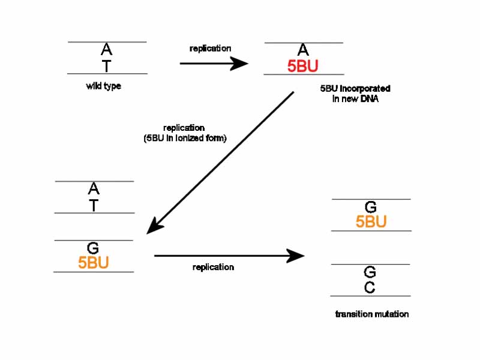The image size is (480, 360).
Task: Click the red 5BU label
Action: coord(303,67)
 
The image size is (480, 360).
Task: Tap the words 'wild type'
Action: coord(103,86)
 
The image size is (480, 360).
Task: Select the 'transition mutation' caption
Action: coord(371,314)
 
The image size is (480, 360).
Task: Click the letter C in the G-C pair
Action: coord(370,288)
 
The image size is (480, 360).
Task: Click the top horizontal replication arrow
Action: coord(214,64)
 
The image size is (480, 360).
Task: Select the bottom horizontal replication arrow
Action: coord(229,256)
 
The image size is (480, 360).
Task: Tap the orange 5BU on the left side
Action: coord(94,263)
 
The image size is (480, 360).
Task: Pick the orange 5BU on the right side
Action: coord(371,222)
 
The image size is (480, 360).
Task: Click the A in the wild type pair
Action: coord(106,49)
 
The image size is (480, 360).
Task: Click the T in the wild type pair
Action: coord(106,66)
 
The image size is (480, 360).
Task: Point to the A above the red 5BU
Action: coord(303,50)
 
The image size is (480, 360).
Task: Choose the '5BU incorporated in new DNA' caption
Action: coord(355,94)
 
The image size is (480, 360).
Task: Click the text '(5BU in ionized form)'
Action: coord(184,138)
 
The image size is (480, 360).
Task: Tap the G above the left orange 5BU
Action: coord(93,248)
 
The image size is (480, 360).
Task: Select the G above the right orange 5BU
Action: coord(371,208)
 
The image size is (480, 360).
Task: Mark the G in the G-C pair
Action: coord(370,273)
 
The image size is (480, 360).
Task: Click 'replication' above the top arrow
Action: coord(210,48)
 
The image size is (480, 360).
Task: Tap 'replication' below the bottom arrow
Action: coord(213,267)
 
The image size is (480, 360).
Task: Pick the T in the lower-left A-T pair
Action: coord(93,205)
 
